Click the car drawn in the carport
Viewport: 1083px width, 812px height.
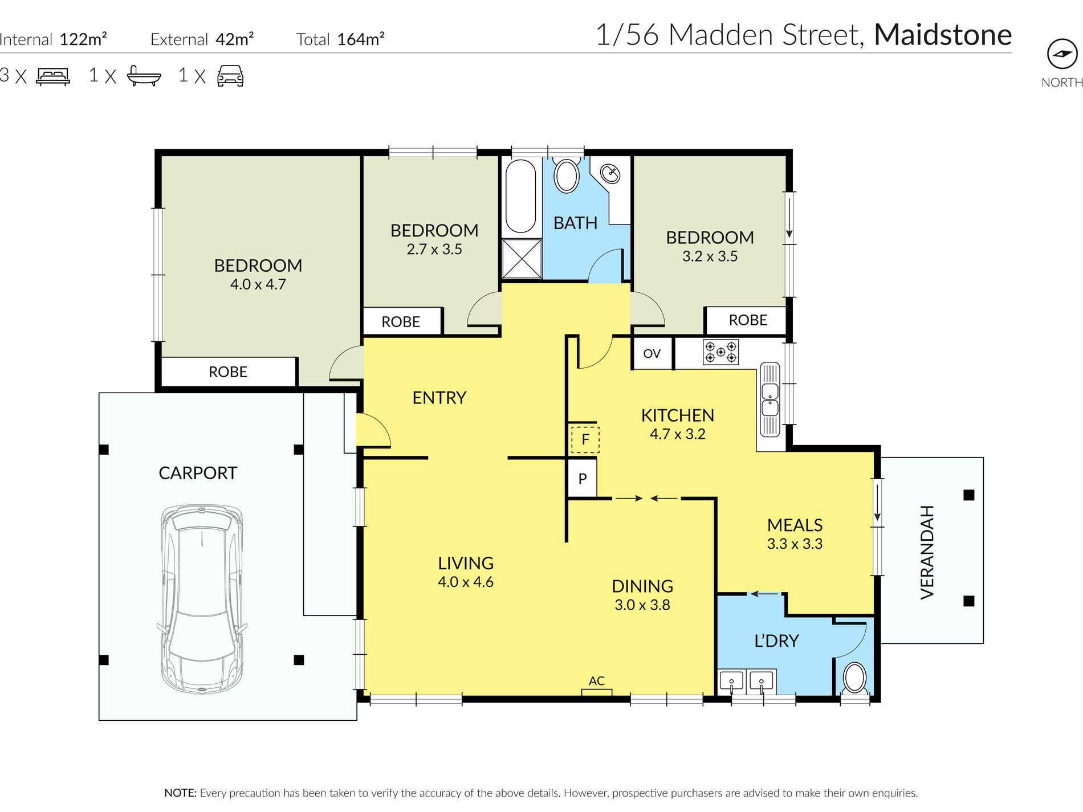pos(202,598)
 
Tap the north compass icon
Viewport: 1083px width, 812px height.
pos(1062,54)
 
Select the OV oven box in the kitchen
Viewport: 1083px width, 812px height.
pos(652,353)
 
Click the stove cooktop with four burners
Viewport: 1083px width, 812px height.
pos(720,352)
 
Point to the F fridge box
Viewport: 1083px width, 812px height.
pos(584,439)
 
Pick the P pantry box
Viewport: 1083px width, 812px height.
pos(582,479)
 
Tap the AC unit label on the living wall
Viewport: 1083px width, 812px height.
pos(596,681)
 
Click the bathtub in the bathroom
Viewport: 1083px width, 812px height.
pos(520,195)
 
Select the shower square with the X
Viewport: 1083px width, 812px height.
pos(522,259)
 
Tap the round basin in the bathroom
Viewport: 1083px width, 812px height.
pos(610,173)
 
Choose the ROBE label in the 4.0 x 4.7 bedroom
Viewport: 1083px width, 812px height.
pos(228,372)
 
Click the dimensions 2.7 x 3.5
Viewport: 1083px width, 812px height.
pos(434,249)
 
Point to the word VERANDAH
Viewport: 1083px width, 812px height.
pos(927,552)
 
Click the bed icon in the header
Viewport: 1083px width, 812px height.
pos(53,76)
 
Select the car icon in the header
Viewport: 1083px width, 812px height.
pos(230,76)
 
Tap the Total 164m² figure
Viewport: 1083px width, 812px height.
pos(340,39)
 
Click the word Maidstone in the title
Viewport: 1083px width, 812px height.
pos(943,35)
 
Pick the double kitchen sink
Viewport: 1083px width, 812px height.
pos(769,399)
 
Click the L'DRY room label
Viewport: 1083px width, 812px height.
pos(776,641)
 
